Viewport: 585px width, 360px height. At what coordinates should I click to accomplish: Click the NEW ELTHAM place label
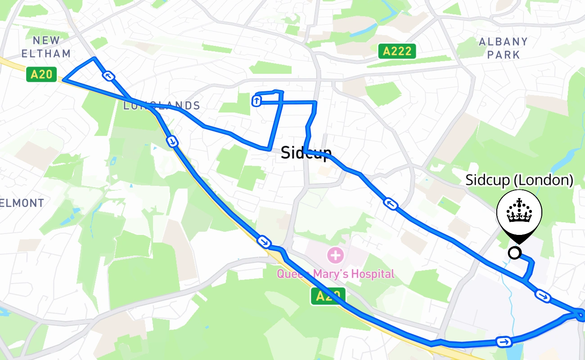(x=46, y=47)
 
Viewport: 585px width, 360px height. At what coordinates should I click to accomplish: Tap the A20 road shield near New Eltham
(x=41, y=74)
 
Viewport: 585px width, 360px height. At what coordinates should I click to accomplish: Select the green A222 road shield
(x=396, y=51)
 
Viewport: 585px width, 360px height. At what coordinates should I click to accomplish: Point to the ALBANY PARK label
(x=503, y=48)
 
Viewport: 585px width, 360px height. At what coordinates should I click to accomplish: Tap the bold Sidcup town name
(x=306, y=153)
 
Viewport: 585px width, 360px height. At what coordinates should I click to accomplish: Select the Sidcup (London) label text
(x=519, y=180)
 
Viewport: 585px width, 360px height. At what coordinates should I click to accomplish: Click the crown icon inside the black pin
(x=519, y=211)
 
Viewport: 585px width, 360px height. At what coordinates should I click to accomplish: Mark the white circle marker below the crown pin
(x=514, y=253)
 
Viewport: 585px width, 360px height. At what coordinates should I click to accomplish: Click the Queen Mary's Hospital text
(x=335, y=274)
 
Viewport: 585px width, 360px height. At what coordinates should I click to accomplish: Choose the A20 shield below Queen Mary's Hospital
(x=328, y=296)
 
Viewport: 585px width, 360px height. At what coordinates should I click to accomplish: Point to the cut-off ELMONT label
(x=22, y=203)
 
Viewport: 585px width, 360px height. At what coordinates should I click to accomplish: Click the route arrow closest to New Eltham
(x=108, y=76)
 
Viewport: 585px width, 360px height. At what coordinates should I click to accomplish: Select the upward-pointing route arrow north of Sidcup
(x=256, y=101)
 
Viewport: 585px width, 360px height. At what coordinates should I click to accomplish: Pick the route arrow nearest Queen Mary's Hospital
(x=265, y=242)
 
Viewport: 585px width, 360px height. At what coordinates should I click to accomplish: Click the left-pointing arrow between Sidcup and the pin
(x=391, y=204)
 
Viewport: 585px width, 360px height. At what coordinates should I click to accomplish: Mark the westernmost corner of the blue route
(x=63, y=80)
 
